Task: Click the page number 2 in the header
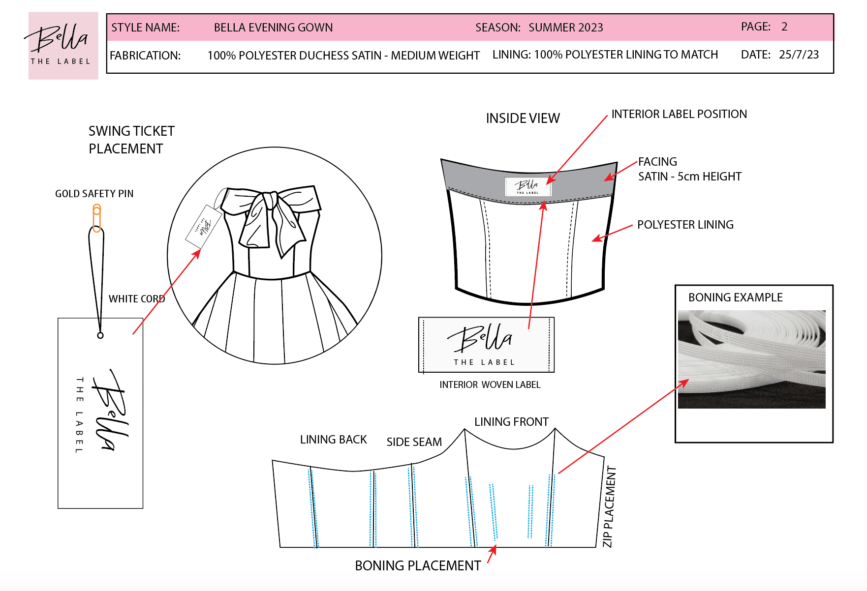coord(784,27)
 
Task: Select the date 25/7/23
coord(799,55)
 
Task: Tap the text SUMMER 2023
coord(565,28)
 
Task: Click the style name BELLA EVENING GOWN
coord(273,28)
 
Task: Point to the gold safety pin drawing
coord(97,218)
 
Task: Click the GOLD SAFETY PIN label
coord(94,194)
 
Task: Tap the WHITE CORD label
coord(136,299)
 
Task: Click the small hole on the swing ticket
coord(100,335)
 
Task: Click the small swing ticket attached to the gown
coord(204,226)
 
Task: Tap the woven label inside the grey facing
coord(527,186)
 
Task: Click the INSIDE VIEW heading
coord(523,118)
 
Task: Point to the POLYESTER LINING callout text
coord(685,225)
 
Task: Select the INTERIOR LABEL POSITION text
coord(679,114)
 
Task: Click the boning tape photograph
coord(751,359)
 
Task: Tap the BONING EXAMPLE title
coord(735,297)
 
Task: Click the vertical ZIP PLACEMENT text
coord(609,506)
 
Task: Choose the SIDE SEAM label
coord(414,442)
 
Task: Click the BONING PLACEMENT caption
coord(418,566)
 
